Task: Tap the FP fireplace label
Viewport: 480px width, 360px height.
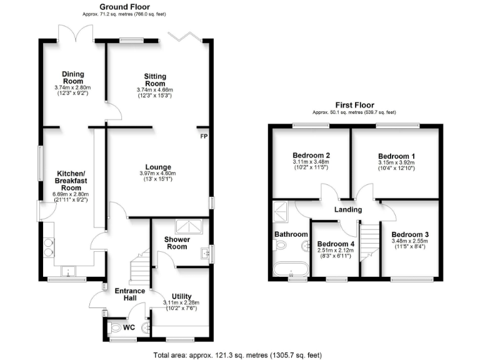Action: pyautogui.click(x=204, y=136)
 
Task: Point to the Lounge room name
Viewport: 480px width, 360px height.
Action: pyautogui.click(x=157, y=167)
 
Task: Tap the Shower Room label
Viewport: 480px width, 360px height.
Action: pyautogui.click(x=177, y=242)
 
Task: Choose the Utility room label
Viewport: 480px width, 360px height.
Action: pyautogui.click(x=181, y=296)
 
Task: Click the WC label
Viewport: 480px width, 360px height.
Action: pyautogui.click(x=129, y=326)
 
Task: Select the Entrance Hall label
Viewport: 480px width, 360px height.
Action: pyautogui.click(x=129, y=295)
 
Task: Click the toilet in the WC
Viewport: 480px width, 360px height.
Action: pyautogui.click(x=114, y=327)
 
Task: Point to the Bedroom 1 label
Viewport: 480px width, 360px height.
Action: pyautogui.click(x=396, y=156)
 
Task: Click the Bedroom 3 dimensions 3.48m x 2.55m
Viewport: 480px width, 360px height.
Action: pyautogui.click(x=409, y=241)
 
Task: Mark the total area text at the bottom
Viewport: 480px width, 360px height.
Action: pyautogui.click(x=237, y=354)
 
